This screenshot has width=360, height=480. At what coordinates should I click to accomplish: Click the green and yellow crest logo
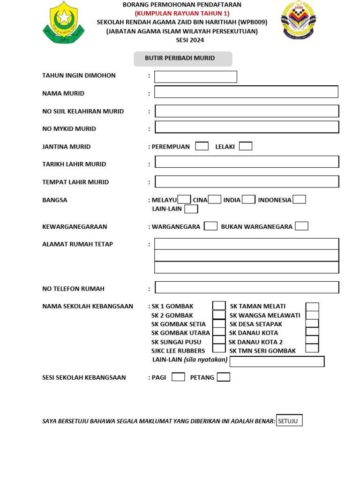[x=63, y=22]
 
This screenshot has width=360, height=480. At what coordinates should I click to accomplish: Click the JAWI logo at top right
[x=298, y=20]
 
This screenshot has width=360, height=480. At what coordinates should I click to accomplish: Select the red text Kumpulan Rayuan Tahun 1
[x=182, y=13]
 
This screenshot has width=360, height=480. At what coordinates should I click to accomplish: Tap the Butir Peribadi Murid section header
[x=183, y=59]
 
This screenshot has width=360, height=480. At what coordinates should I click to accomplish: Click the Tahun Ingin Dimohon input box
[x=195, y=77]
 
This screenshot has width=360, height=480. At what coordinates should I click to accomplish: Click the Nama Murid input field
[x=246, y=92]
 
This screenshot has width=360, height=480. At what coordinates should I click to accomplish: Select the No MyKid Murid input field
[x=247, y=127]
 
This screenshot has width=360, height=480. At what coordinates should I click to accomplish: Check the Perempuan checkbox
[x=202, y=146]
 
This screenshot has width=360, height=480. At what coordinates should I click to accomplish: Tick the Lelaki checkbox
[x=245, y=146]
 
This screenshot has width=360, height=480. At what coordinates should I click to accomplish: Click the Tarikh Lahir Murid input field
[x=247, y=162]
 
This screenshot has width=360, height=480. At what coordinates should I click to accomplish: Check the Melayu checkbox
[x=184, y=199]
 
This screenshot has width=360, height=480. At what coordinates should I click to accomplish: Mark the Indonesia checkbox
[x=299, y=199]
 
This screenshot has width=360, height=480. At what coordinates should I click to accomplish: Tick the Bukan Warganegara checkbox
[x=301, y=226]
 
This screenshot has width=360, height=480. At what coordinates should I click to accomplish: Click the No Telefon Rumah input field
[x=247, y=287]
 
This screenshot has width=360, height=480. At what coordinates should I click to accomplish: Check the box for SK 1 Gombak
[x=219, y=306]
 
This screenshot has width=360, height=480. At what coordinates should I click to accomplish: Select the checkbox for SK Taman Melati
[x=312, y=307]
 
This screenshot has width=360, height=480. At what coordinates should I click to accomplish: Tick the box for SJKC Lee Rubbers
[x=219, y=348]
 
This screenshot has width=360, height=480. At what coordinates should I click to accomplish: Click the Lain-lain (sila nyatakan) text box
[x=277, y=361]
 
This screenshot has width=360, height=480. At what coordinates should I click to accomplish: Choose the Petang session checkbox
[x=224, y=377]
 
